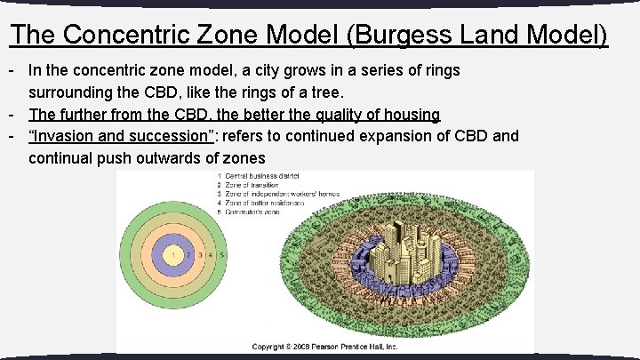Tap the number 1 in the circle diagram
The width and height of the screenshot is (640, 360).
coord(175,255)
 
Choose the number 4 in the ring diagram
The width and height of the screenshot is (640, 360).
coord(211,255)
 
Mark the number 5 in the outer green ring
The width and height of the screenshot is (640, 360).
coord(222,255)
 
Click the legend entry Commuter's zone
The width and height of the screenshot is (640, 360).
coord(253,212)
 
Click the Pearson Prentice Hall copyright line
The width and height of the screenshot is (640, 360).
coord(324,347)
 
